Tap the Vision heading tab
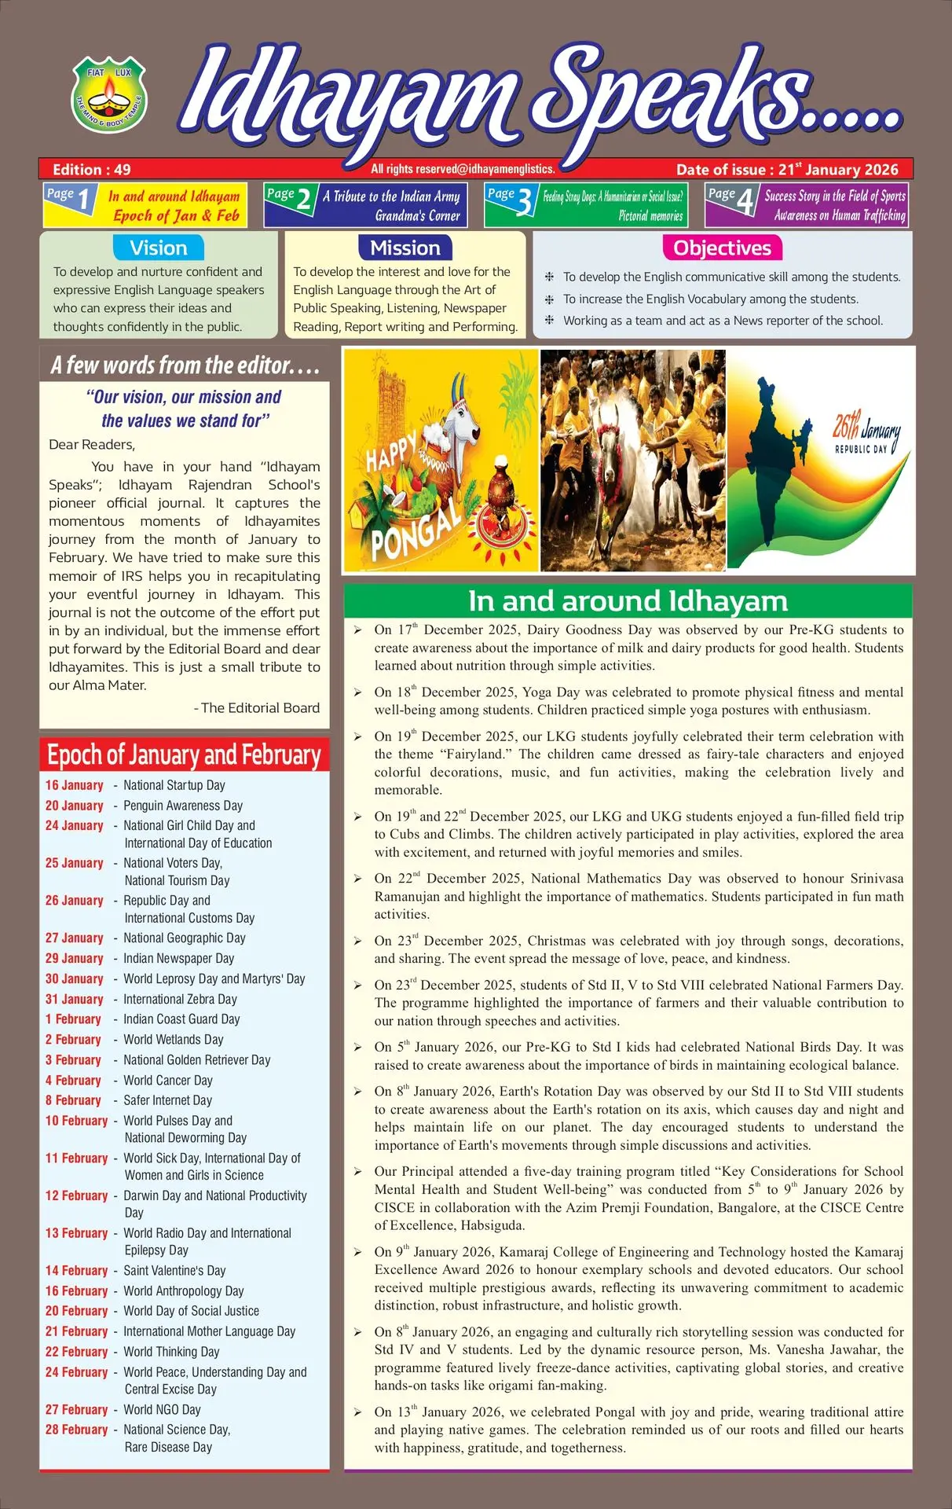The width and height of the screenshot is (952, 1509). click(159, 248)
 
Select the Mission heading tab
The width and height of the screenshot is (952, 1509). click(405, 248)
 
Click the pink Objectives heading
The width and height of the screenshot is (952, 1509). click(722, 248)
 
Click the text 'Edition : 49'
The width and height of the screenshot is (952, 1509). click(92, 169)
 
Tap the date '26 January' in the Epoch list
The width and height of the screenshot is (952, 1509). click(75, 901)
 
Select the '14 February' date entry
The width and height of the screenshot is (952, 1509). click(76, 1271)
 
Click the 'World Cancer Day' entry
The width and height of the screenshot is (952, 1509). click(168, 1081)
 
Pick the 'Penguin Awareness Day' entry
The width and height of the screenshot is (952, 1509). click(183, 806)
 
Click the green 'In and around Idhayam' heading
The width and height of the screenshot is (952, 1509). click(628, 601)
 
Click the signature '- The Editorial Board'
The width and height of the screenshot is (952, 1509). click(257, 707)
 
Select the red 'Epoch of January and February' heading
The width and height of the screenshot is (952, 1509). click(185, 755)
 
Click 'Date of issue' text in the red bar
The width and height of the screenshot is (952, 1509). click(721, 169)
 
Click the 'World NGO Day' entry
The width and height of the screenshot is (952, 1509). click(162, 1410)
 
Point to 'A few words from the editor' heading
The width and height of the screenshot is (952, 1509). click(185, 365)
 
